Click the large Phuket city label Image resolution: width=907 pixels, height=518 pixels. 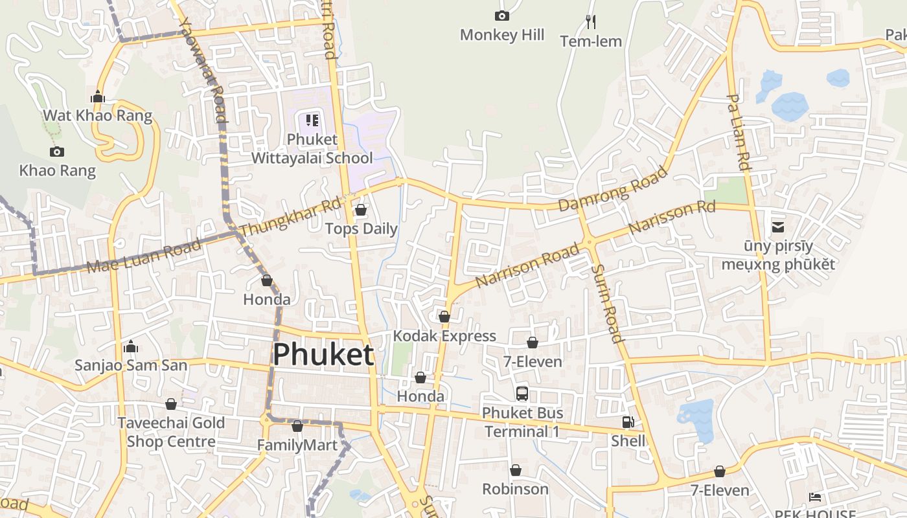tap(323, 355)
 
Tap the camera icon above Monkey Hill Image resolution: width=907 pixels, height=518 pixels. tap(502, 16)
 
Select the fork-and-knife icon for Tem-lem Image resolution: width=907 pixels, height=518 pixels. tap(591, 22)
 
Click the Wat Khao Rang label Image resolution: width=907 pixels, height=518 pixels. tap(97, 116)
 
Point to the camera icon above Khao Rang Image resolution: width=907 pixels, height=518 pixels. tap(57, 152)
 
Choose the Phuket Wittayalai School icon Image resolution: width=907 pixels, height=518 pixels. tap(312, 120)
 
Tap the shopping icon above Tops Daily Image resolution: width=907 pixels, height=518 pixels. tap(361, 210)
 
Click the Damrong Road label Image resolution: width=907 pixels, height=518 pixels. tap(613, 188)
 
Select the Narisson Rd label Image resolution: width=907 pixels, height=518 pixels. tap(672, 217)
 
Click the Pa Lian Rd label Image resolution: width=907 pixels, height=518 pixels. tap(738, 133)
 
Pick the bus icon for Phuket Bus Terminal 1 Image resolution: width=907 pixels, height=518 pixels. tap(522, 393)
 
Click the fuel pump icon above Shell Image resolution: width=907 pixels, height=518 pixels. tap(628, 422)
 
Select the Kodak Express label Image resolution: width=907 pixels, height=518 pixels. tap(444, 336)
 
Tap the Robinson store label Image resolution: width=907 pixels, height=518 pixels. tap(516, 489)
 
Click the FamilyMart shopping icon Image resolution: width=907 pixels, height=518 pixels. tap(297, 426)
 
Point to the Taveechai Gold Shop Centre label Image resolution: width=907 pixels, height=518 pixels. tap(171, 433)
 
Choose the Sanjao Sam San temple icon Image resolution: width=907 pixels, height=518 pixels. tap(131, 346)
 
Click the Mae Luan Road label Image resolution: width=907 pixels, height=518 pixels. tap(144, 256)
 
